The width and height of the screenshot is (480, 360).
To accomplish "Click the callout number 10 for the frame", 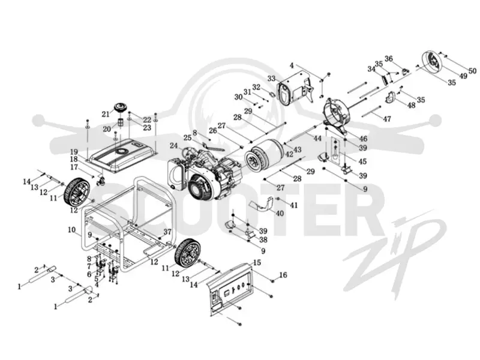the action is (x=71, y=230).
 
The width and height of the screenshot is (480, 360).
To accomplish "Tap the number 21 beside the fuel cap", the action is (x=106, y=114).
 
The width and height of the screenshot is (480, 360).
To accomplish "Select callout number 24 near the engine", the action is (x=173, y=146).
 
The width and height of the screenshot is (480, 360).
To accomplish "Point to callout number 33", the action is (x=272, y=79).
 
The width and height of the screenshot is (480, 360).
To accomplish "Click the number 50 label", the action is (x=472, y=71).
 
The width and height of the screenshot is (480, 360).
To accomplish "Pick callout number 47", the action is (x=387, y=118).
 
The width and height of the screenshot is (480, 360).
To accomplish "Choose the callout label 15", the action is (x=257, y=262).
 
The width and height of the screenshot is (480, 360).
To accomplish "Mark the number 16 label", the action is (x=283, y=275).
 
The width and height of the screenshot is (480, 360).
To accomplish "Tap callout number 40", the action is (x=280, y=213).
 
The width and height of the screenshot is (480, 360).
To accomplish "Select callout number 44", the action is (x=317, y=139).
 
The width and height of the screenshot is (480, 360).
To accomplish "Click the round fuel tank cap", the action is (x=121, y=108).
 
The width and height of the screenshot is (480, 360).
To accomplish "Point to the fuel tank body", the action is (x=122, y=155).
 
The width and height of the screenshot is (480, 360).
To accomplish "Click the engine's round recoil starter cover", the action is (x=200, y=186).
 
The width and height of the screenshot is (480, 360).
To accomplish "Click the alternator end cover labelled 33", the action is (x=295, y=87).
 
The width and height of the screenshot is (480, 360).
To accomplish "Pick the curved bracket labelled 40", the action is (x=261, y=204).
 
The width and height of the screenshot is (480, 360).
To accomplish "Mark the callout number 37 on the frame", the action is (x=167, y=232).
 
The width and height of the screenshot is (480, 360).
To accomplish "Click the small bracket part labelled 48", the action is (x=391, y=97).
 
